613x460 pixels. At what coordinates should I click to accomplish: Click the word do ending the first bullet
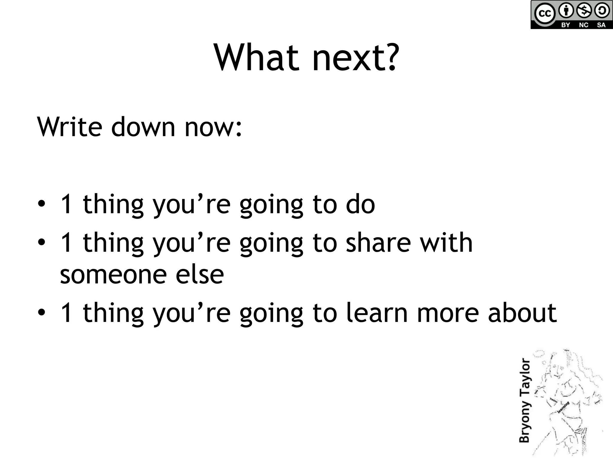[360, 204]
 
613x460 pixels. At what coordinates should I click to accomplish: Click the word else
[200, 274]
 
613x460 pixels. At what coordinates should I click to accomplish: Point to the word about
[522, 313]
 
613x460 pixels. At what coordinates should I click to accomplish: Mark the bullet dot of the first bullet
[42, 204]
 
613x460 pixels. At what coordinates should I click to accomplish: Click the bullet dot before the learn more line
[42, 313]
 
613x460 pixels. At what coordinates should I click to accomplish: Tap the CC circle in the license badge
[544, 14]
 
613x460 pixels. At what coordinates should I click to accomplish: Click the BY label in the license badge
[565, 25]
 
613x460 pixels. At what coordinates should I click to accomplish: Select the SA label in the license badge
[601, 25]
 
